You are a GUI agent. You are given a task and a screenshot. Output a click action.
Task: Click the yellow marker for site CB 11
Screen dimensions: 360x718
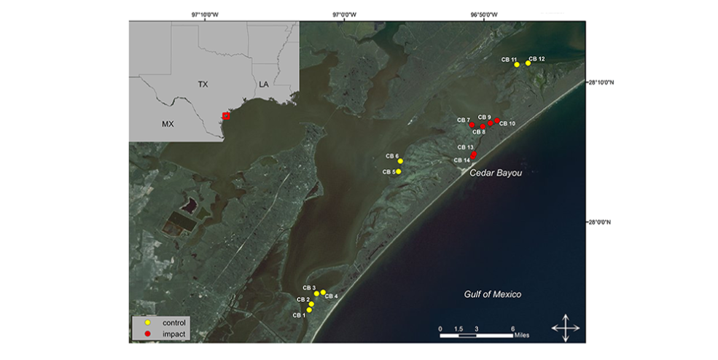[517, 65]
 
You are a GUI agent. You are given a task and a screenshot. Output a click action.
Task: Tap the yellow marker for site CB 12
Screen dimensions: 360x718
[528, 63]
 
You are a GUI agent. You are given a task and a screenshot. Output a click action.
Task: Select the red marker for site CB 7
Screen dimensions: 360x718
[472, 125]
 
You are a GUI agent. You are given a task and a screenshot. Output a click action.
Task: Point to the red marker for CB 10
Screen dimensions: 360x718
[497, 120]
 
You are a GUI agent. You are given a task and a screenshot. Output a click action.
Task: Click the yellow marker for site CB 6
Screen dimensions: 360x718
[400, 161]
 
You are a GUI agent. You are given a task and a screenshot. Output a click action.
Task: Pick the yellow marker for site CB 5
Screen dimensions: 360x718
[398, 171]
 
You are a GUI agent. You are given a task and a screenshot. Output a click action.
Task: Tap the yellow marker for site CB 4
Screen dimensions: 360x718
[323, 292]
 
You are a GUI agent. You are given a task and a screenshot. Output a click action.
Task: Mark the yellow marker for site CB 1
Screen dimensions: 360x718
[309, 310]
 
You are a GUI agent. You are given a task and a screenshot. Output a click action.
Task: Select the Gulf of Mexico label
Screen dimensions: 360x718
[496, 294]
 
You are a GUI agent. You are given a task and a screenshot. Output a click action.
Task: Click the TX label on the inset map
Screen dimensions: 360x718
[203, 85]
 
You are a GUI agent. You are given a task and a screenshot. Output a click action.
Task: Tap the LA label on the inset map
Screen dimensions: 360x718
[263, 85]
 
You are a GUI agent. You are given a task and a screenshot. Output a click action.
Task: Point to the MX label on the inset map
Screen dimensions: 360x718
[168, 124]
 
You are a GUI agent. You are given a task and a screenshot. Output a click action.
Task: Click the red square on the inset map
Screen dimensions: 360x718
[226, 116]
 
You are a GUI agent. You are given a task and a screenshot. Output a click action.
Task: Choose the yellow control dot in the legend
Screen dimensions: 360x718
[147, 322]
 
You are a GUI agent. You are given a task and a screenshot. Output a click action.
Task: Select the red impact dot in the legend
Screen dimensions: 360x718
[147, 333]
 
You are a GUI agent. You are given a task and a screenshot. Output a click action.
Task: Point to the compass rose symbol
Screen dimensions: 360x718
[565, 328]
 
